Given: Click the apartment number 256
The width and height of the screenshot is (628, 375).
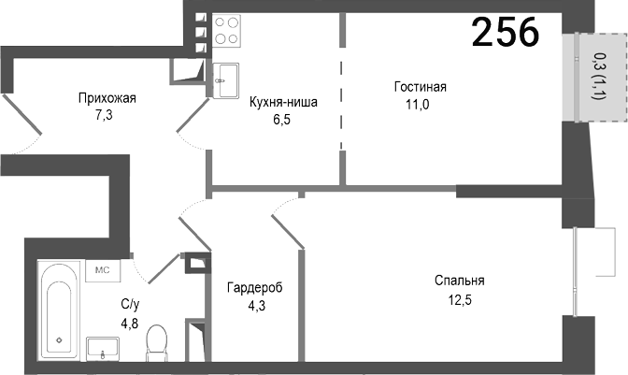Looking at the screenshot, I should (x=505, y=33).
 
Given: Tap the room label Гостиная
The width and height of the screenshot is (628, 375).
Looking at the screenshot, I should (x=420, y=87).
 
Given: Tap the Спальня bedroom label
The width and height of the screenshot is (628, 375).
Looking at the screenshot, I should (x=459, y=281).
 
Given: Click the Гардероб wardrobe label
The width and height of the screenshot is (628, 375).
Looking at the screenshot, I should (x=254, y=286).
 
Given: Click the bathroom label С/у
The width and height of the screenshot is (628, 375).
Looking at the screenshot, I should (x=130, y=305).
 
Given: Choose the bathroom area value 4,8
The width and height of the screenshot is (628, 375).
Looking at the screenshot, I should (x=130, y=323).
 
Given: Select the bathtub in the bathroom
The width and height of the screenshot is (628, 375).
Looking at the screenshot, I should (x=60, y=311).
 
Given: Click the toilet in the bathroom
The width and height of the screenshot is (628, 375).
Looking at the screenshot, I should (x=157, y=342).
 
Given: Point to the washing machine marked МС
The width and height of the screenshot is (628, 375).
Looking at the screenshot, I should (x=102, y=270).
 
